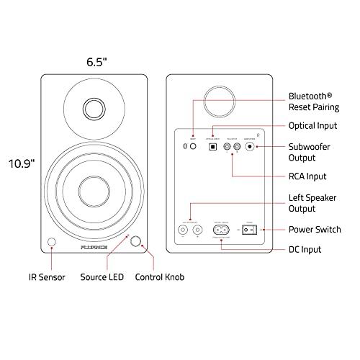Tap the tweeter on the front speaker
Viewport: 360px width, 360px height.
(x=96, y=108)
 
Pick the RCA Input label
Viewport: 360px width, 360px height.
(x=307, y=176)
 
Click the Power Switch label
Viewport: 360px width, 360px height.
(x=315, y=230)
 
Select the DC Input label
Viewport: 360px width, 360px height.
(x=305, y=250)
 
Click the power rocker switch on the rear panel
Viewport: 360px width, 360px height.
(x=249, y=230)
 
